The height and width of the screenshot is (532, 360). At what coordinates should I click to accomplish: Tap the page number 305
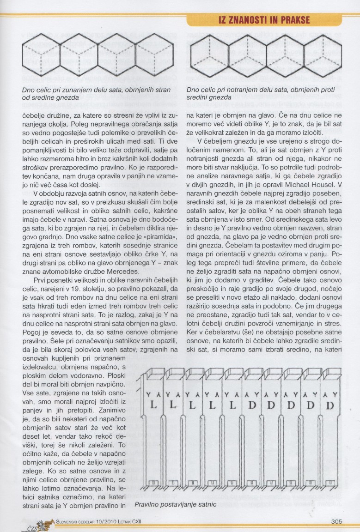(x=336, y=522)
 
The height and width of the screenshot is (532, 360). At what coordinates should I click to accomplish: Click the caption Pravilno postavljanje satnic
(x=175, y=505)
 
